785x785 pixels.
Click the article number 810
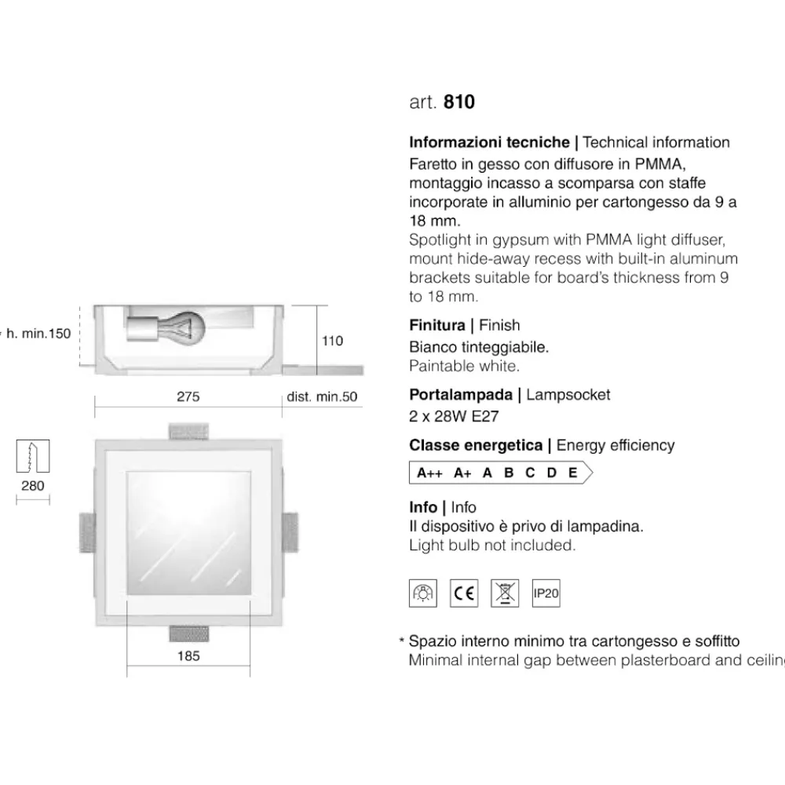tap(459, 101)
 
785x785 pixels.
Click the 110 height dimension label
tap(332, 341)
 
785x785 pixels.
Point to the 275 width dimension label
tap(188, 396)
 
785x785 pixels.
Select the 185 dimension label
tap(188, 655)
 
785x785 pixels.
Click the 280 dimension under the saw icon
tap(32, 486)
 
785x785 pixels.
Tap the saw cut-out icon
tap(33, 456)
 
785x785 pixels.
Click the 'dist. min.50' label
tap(322, 397)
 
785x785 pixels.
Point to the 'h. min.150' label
tap(38, 334)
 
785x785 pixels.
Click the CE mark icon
tap(464, 593)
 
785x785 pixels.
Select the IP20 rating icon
tap(546, 593)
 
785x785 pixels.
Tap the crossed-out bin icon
tap(505, 593)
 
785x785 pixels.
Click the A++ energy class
tap(429, 473)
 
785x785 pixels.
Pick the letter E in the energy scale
tap(573, 473)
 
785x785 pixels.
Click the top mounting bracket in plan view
tap(188, 432)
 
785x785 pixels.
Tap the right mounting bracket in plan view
tap(290, 532)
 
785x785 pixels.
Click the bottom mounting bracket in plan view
tap(188, 633)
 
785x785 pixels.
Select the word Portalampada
tap(461, 395)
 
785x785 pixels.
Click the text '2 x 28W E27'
tap(454, 417)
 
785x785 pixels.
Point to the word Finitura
tap(437, 326)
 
